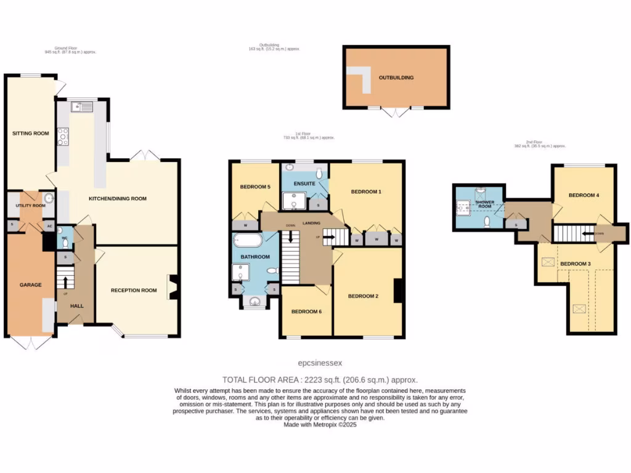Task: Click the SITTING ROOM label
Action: coord(31,133)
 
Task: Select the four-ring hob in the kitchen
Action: coord(63,136)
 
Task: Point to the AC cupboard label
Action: coord(49,226)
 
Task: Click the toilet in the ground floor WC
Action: coord(65,243)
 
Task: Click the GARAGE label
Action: coord(30,285)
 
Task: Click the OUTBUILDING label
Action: coord(396,78)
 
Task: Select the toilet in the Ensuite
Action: coord(319,173)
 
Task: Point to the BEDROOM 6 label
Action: coord(306,311)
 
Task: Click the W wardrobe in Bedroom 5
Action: coord(246,225)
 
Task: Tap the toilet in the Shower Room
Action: coord(487,220)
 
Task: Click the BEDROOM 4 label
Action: coord(584,195)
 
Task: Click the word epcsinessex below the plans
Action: coord(320,363)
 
